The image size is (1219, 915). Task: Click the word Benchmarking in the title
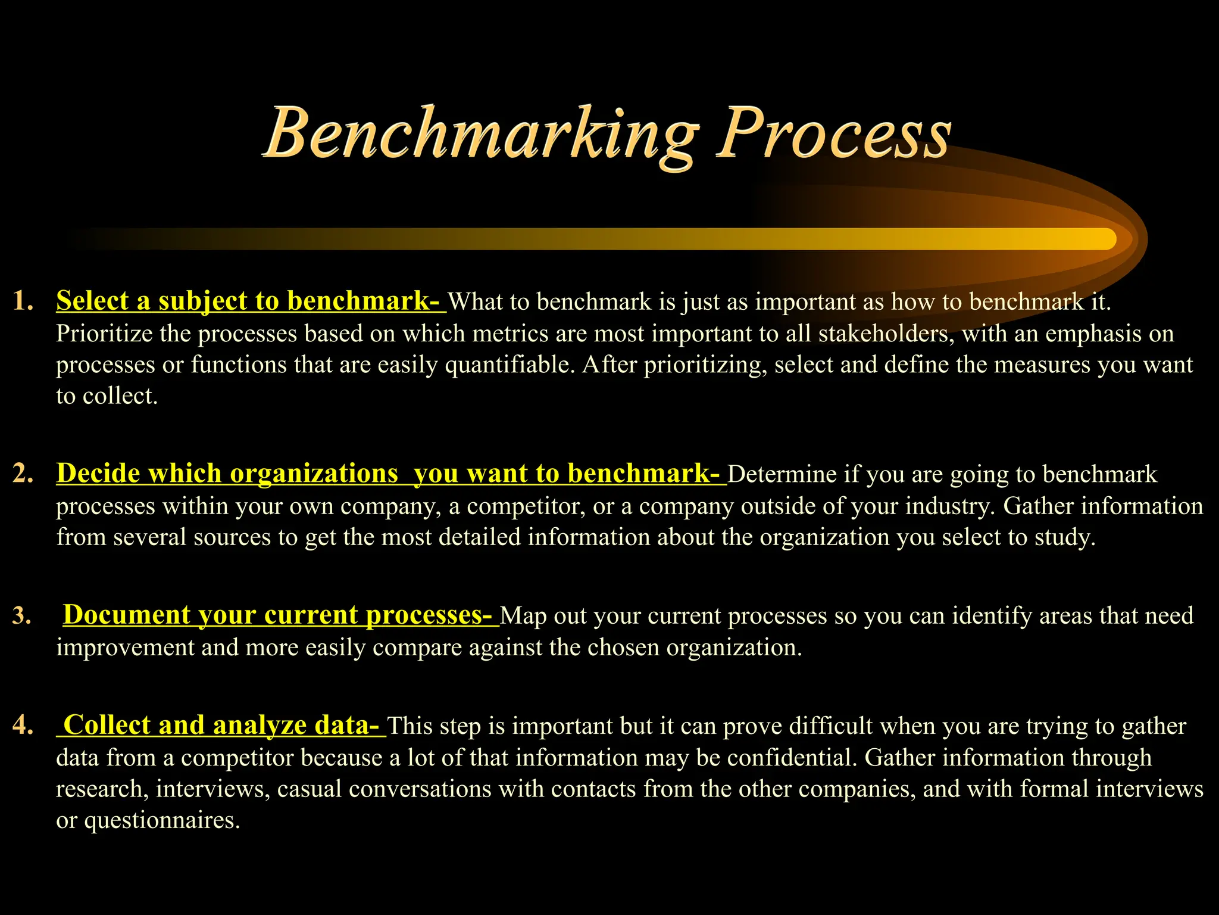[x=481, y=135]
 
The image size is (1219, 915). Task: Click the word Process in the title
[x=833, y=135]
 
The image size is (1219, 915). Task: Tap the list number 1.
[x=23, y=301]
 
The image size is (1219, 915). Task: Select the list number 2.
[x=23, y=474]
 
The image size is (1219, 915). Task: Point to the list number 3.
[x=22, y=615]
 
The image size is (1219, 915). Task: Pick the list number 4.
[x=23, y=726]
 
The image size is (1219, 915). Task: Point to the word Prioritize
[x=104, y=334]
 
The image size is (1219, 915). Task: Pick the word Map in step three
[x=523, y=616]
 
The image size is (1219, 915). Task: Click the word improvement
[x=125, y=648]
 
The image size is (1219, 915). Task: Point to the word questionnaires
[x=162, y=820]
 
